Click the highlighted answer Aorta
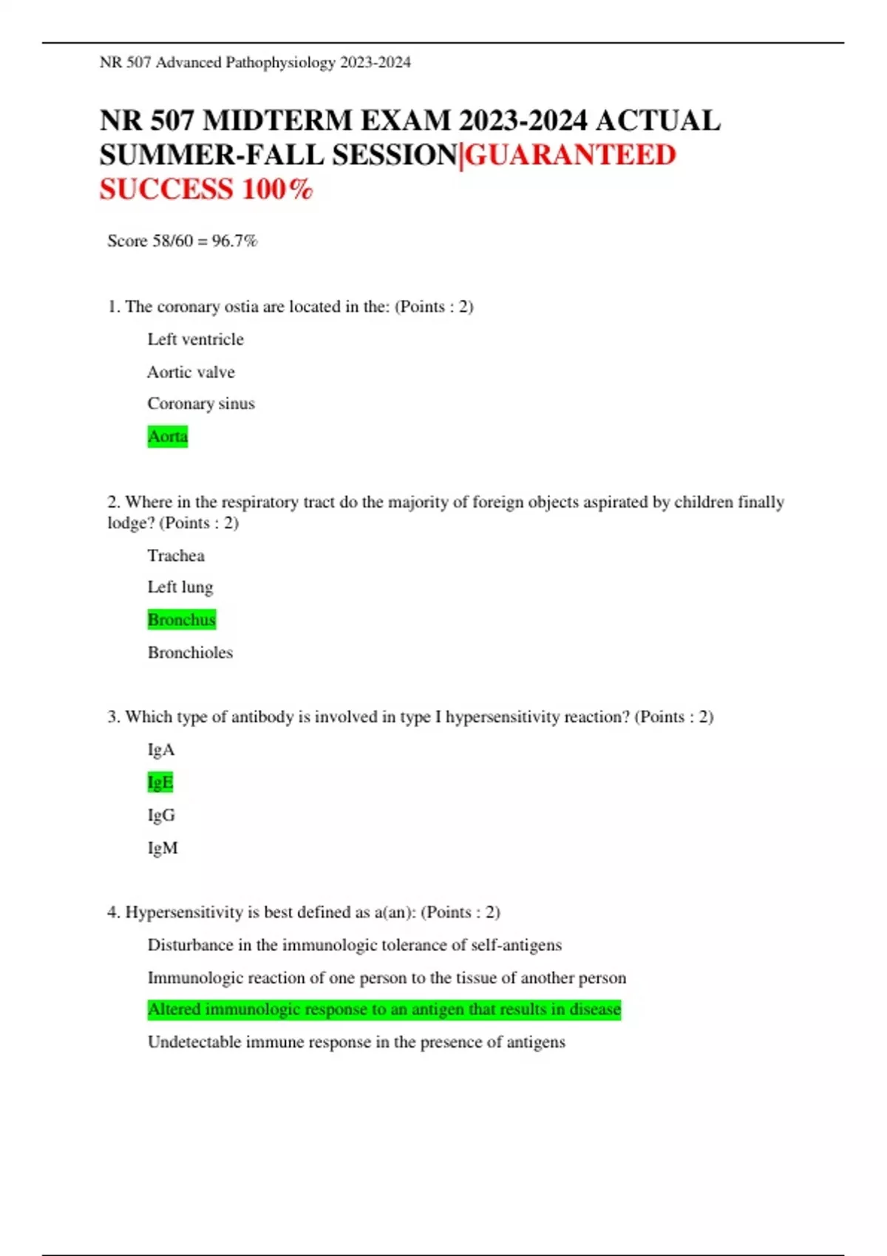(x=168, y=436)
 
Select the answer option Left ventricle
(x=195, y=339)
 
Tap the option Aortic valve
(x=191, y=372)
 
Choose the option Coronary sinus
(x=201, y=403)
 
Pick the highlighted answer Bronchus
(x=182, y=619)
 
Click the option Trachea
(x=176, y=556)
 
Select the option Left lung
(x=180, y=587)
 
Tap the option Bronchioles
(x=190, y=652)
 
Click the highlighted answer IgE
(x=160, y=782)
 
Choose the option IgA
(x=161, y=750)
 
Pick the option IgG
(x=161, y=815)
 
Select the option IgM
(x=163, y=847)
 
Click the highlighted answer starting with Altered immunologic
(x=384, y=1009)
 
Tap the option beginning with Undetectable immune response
(x=356, y=1042)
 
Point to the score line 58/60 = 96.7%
(x=183, y=241)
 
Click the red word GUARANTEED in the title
(x=570, y=155)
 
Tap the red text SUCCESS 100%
(x=207, y=189)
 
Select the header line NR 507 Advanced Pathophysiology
(x=255, y=63)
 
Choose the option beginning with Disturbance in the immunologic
(x=355, y=945)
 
